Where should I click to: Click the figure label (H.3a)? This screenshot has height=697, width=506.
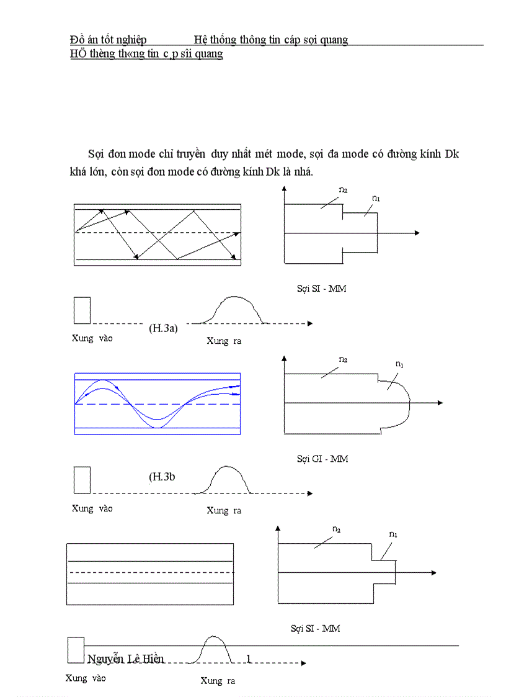point(163,328)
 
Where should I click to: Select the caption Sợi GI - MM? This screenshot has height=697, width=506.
point(322,459)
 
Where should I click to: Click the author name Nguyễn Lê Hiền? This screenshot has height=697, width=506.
point(126,659)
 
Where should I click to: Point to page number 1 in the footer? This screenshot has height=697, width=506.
point(249,659)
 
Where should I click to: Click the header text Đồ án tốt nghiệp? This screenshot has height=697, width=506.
point(109,40)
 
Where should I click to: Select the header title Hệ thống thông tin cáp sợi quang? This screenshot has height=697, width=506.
point(271,40)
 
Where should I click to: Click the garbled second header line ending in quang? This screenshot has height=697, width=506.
point(146,54)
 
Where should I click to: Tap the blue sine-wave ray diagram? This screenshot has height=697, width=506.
point(157,404)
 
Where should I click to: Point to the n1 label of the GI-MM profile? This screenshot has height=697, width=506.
point(400,364)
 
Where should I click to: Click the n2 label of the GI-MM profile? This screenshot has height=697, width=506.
point(343,359)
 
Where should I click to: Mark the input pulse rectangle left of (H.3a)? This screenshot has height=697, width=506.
point(82,310)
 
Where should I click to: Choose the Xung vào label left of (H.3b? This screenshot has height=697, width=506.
point(92,508)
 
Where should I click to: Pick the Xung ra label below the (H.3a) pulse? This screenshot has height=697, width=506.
point(224,341)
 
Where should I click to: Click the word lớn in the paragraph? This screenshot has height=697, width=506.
point(92,172)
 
